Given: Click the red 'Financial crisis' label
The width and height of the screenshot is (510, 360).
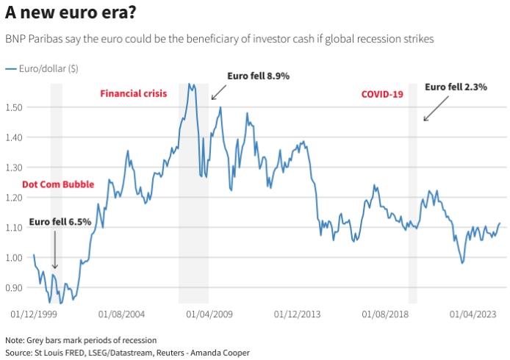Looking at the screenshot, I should [134, 93].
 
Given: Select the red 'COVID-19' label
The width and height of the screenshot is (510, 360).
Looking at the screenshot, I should [382, 94].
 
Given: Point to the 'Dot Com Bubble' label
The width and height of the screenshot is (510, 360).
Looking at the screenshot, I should [58, 184].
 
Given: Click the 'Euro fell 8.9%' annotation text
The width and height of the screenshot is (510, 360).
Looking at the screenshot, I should [259, 76].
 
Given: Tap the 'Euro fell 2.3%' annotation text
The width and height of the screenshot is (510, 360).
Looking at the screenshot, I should [456, 87].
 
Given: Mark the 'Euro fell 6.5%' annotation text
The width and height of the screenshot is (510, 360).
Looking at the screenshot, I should [60, 221].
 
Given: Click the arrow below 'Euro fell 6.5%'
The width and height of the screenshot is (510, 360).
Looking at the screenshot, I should [54, 250].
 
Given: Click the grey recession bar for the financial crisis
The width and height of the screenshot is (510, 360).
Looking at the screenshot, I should [193, 220].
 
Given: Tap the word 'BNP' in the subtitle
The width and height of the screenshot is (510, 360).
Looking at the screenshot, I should [16, 37].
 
